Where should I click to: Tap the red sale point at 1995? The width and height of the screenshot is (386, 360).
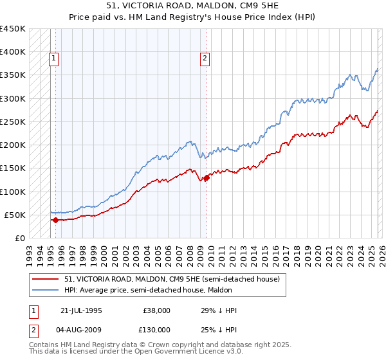point(55,220)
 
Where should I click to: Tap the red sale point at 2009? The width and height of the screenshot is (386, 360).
point(207,177)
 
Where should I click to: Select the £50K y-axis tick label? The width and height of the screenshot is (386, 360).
point(14,215)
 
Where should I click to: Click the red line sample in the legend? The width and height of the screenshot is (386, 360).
point(46,280)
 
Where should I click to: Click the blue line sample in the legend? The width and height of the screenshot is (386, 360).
point(46,290)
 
